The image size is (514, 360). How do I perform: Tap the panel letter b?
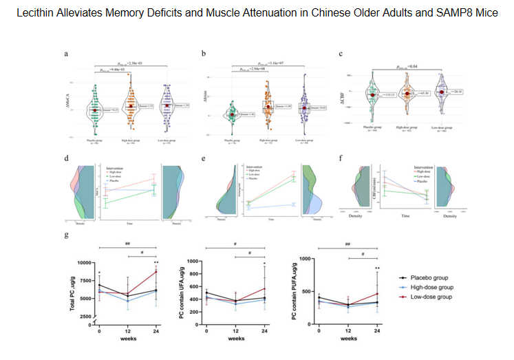tap(203, 53)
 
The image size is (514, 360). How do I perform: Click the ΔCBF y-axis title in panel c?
tap(342, 94)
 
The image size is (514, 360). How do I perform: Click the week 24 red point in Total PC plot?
tap(156, 272)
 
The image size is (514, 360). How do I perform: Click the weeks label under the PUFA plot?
tap(347, 339)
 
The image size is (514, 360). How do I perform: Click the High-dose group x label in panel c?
tap(407, 128)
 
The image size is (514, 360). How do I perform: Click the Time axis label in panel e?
tap(270, 219)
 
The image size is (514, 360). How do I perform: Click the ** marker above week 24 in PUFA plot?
tap(377, 268)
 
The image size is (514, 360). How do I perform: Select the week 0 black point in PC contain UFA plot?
tap(206, 293)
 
